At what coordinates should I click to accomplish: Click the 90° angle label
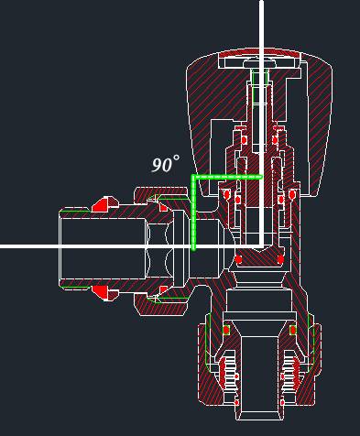[x=166, y=164]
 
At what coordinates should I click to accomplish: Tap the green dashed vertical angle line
[x=193, y=213]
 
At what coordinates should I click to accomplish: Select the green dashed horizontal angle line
[x=227, y=177]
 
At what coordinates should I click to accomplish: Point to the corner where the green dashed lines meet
[x=193, y=177]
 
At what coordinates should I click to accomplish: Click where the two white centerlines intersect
[x=262, y=245]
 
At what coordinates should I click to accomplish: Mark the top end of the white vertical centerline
[x=262, y=1]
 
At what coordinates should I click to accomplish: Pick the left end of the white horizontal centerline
[x=1, y=246]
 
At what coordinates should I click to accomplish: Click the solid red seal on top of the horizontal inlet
[x=102, y=205]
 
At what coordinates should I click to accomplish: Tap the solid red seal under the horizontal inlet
[x=102, y=292]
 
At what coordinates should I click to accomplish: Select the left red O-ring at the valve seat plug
[x=238, y=259]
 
